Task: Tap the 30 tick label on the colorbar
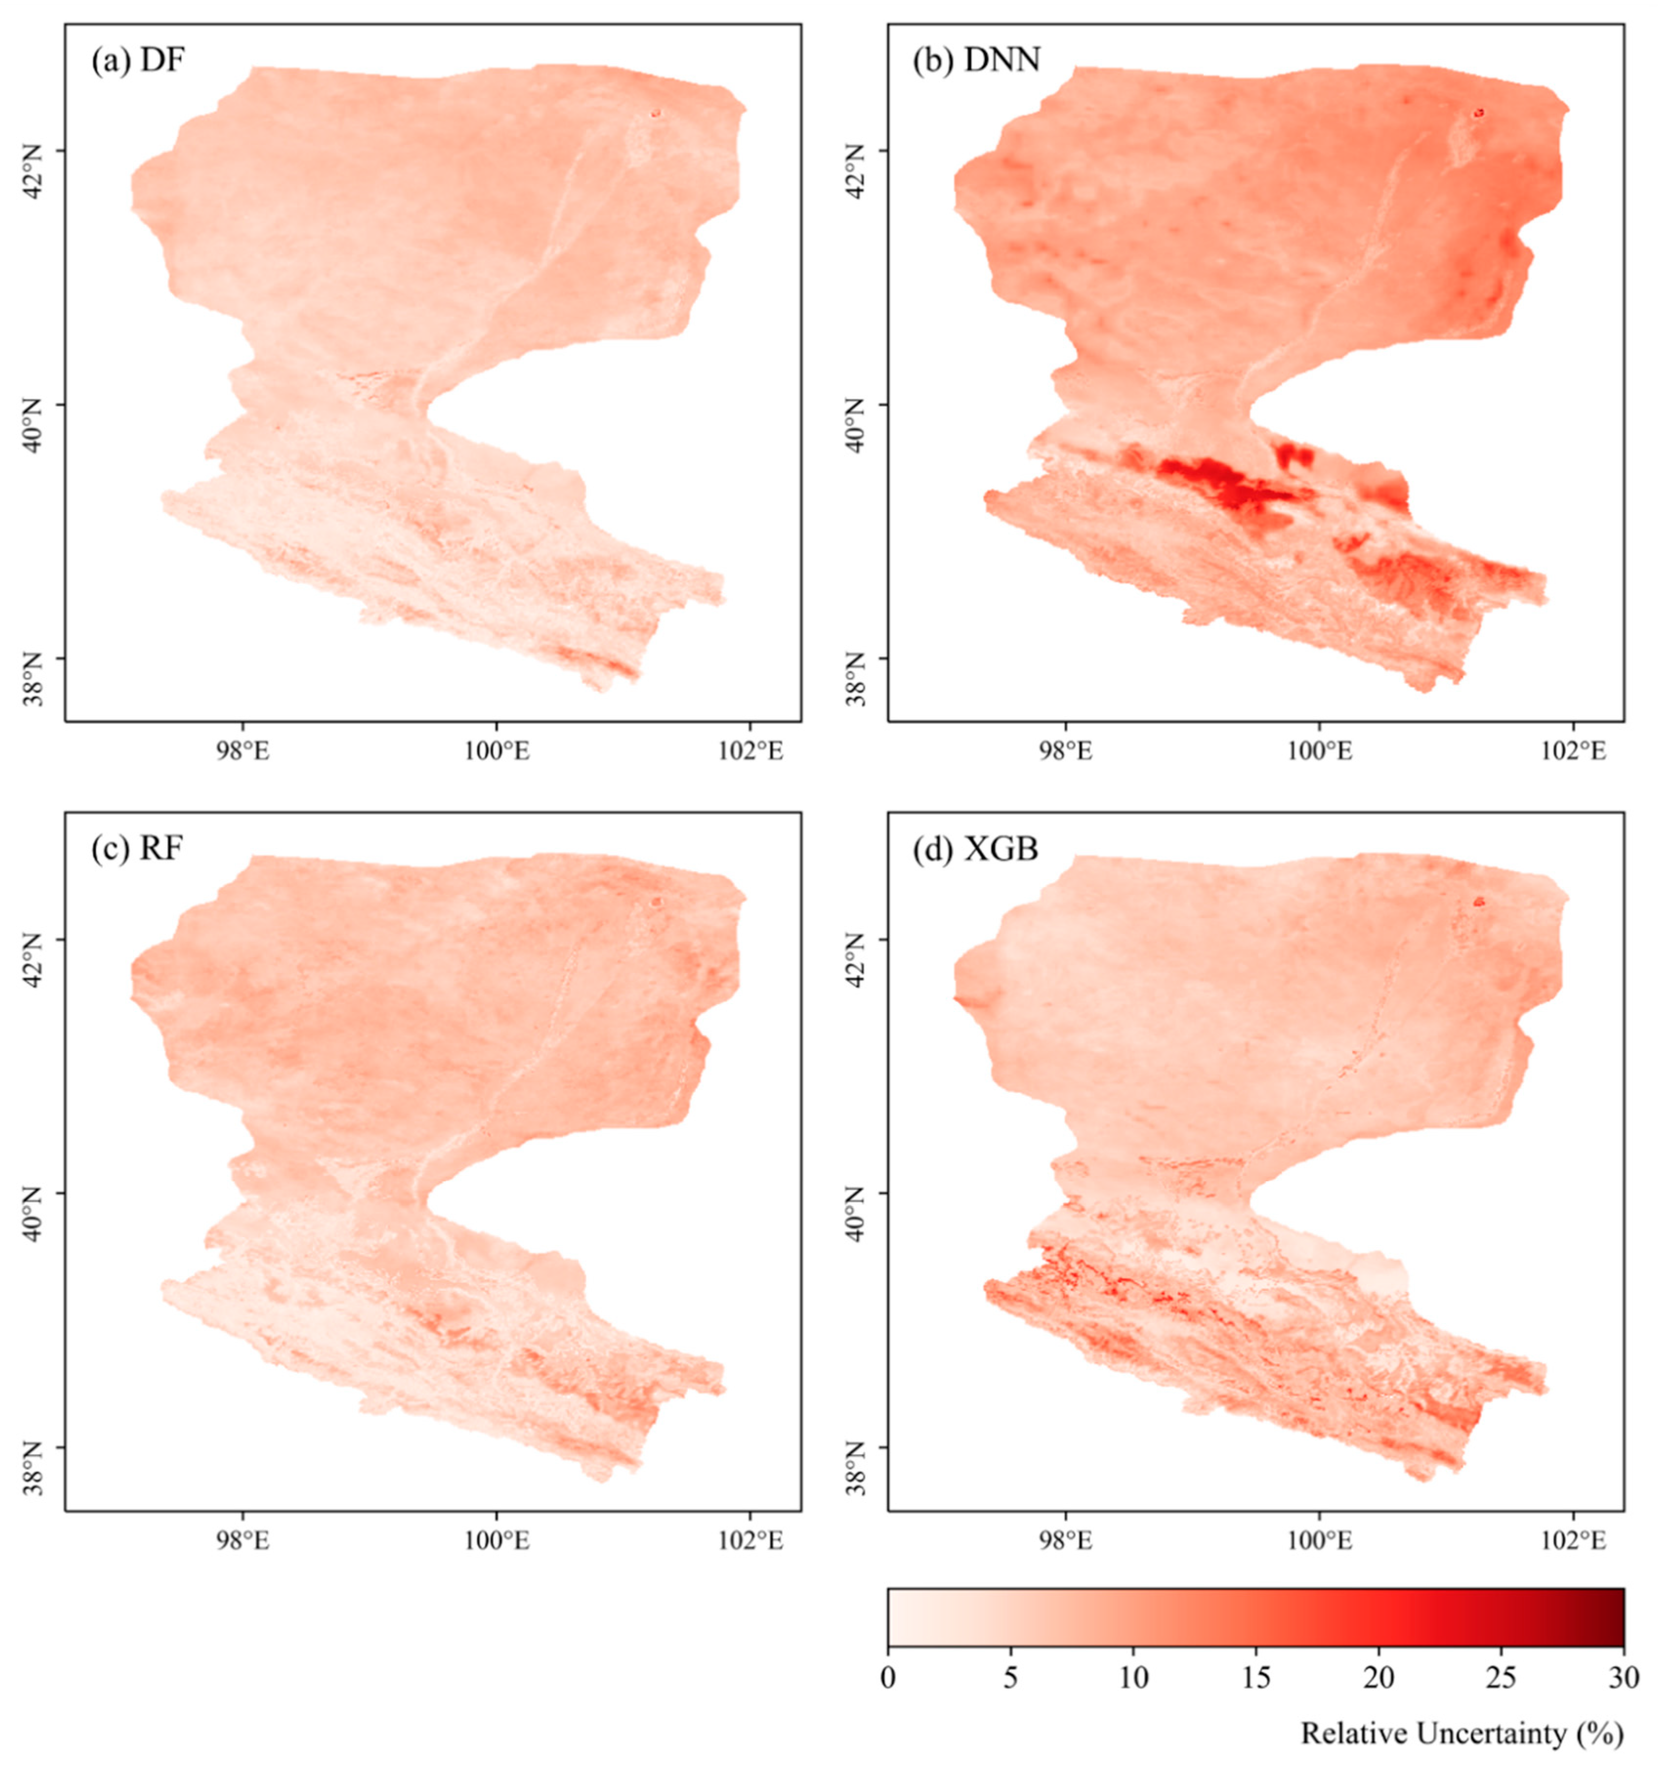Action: [x=1622, y=1678]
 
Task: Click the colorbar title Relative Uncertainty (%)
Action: [x=1461, y=1732]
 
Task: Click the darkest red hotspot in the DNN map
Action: [x=1219, y=485]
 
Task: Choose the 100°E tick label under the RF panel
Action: [x=497, y=1540]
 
